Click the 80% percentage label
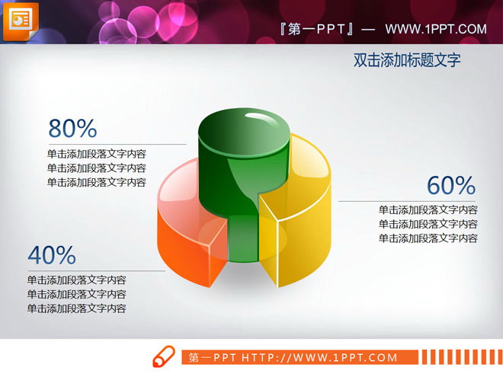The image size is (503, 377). (72, 128)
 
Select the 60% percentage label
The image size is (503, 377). (450, 186)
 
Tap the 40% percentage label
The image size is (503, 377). (52, 254)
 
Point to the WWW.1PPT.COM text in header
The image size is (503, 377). (435, 29)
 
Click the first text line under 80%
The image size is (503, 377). (97, 153)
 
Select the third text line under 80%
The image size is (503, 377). (97, 182)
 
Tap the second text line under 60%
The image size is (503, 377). (428, 224)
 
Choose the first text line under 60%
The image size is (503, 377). (428, 209)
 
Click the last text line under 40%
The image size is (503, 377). (77, 308)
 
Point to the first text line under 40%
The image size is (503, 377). (77, 280)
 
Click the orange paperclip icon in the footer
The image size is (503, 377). (164, 356)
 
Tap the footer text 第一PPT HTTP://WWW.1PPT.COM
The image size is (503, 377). (293, 357)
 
